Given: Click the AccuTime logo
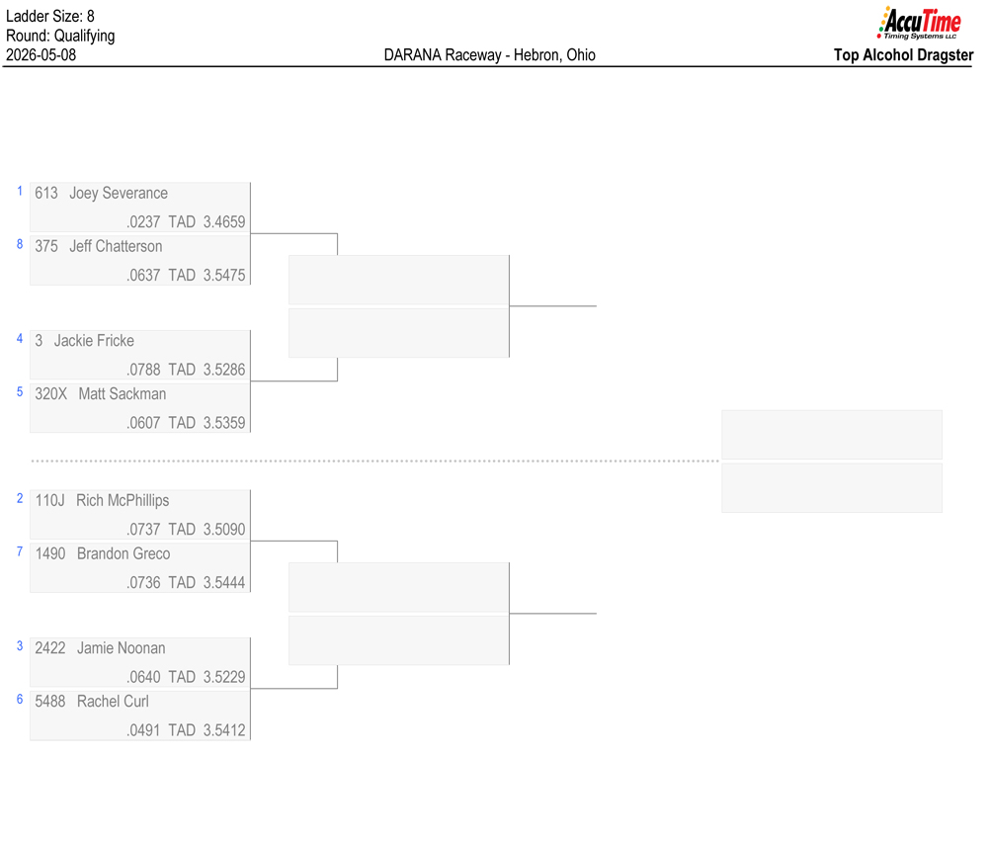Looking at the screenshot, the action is pos(919,23).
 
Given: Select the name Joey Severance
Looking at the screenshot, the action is pos(119,194).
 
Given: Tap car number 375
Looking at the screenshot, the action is pos(46,246).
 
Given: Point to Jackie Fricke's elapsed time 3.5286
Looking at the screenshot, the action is pos(224,370).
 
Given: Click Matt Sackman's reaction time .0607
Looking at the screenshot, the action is pos(143,423).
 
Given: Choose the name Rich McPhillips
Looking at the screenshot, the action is pos(123,500).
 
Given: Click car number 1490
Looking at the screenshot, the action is pos(50,554).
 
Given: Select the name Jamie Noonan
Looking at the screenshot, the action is pos(121,648).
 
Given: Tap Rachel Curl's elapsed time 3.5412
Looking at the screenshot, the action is pos(224,729).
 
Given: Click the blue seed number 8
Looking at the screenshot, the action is pos(20,244).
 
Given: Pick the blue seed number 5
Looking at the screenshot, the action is pos(20,391).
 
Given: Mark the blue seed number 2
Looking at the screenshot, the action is pos(20,498).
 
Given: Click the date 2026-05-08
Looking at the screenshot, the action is pos(41,54).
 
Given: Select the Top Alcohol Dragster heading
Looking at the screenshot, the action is pos(904,54).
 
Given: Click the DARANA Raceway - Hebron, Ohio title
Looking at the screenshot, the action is pos(490,54).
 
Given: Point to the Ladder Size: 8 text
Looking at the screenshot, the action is pos(50,16).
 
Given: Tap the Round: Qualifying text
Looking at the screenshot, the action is pos(60,36).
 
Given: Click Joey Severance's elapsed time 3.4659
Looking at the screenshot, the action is pos(224,221).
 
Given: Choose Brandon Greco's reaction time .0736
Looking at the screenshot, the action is pos(143,582).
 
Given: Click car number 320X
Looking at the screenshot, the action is pos(51,394).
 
